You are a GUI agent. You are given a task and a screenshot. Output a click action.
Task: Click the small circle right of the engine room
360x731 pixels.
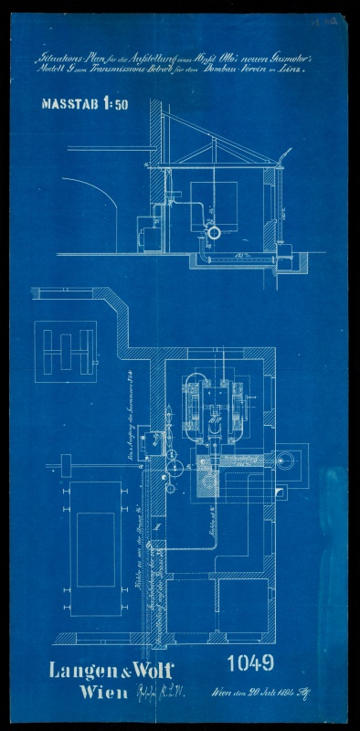(x=291, y=462)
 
